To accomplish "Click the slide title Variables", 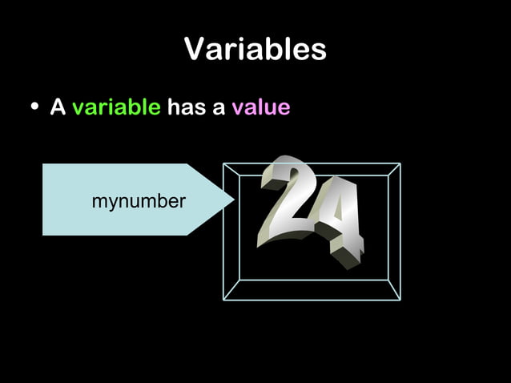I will point(255,50).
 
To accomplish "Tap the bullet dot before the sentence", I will point(34,108).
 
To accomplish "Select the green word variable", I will point(116,107).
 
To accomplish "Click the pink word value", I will point(260,107).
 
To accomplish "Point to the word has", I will point(186,107).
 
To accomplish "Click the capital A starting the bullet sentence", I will point(57,107).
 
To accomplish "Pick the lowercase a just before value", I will point(219,109).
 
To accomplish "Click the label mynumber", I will point(138,201).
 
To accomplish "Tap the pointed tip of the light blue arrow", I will point(233,200).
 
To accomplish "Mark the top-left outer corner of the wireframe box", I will point(223,164).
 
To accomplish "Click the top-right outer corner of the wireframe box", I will point(400,164).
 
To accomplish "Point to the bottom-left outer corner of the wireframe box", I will point(223,300).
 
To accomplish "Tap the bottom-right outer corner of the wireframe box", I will point(400,300).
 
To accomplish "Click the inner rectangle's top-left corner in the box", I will point(239,175).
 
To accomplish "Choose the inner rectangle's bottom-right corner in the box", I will point(388,280).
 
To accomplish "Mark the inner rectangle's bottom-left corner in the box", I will point(239,280).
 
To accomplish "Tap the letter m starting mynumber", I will point(98,202).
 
